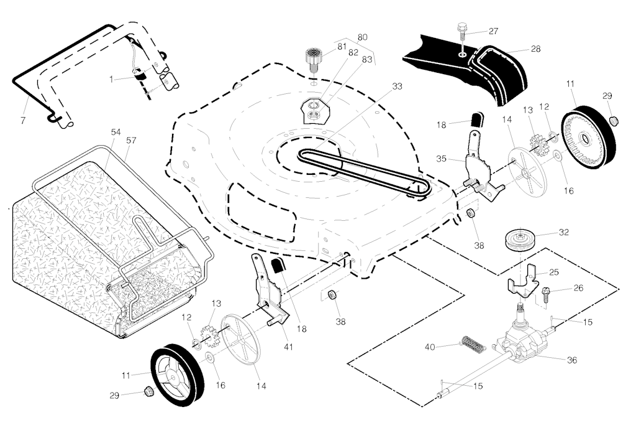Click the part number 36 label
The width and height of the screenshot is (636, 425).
click(572, 360)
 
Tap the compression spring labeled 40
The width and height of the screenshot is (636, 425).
click(471, 344)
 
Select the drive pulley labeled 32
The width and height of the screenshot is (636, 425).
click(519, 240)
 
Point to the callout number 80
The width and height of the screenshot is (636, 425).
click(362, 37)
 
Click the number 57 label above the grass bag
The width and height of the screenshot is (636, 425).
click(131, 140)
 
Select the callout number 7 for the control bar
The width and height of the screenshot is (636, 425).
click(23, 120)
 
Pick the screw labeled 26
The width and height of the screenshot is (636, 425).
click(547, 292)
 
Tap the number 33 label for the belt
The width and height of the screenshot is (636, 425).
click(397, 86)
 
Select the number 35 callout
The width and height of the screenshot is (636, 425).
click(442, 159)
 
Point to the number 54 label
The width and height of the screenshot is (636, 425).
click(116, 133)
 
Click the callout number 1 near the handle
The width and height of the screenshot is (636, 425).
click(112, 79)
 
